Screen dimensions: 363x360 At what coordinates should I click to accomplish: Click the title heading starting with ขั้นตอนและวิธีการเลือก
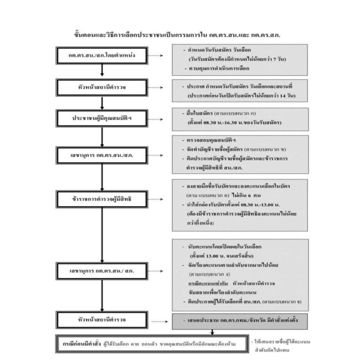180,35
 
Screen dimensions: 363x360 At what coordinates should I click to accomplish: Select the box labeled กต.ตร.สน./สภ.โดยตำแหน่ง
102,55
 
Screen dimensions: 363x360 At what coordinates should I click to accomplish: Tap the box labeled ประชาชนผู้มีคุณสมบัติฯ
102,119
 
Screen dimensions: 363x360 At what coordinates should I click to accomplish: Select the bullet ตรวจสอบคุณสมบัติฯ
211,141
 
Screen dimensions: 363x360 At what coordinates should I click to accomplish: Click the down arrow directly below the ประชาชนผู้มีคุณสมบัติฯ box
102,136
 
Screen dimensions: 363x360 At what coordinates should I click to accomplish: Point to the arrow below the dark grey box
212,332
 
